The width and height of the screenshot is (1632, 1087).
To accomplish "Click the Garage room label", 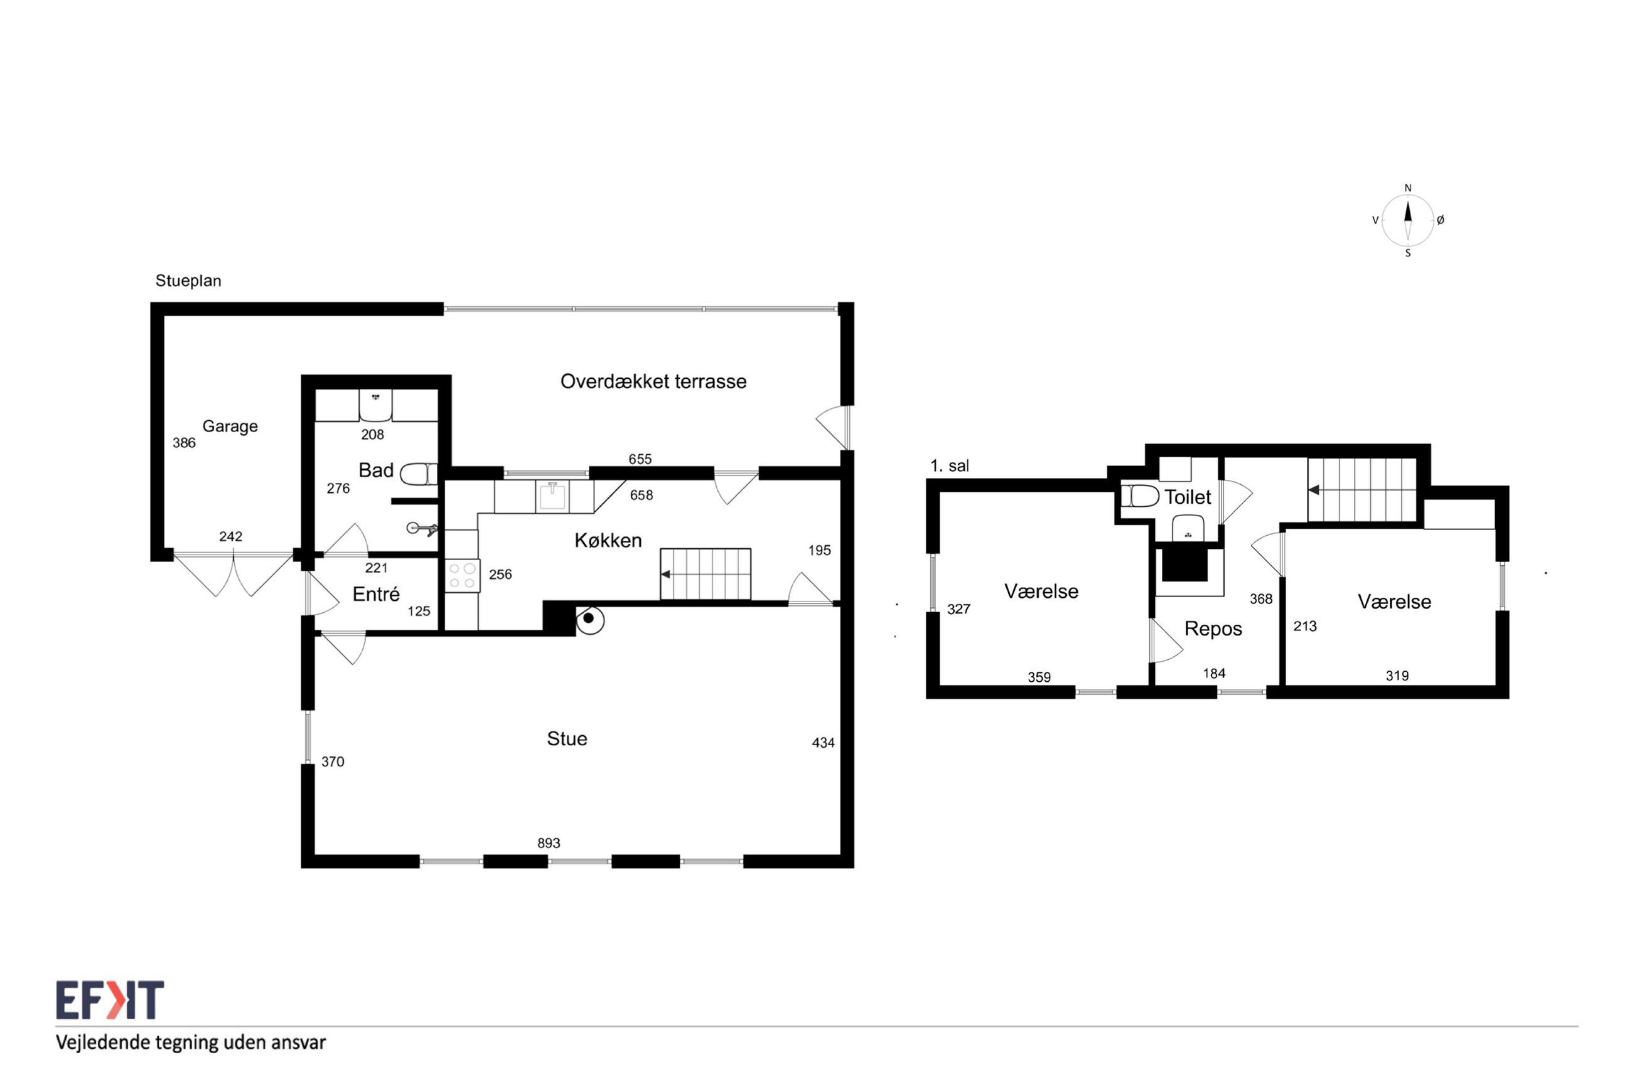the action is click(x=230, y=427).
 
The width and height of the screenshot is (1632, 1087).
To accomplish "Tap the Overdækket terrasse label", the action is click(x=653, y=381).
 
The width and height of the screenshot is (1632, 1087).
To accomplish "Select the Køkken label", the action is click(x=608, y=540).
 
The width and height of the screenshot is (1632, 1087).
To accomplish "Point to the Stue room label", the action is click(x=567, y=738).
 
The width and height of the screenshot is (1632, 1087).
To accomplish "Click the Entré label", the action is click(x=376, y=594).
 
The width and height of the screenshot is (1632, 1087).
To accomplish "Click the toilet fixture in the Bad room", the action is click(x=419, y=474).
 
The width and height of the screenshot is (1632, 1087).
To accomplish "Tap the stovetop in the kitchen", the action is click(x=462, y=576).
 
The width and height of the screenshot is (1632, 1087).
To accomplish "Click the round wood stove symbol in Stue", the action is click(x=589, y=619).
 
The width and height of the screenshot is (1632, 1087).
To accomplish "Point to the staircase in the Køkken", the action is click(x=705, y=574).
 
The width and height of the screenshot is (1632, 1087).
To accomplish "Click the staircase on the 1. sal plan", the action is click(x=1361, y=489).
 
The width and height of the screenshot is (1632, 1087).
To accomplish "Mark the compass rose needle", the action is click(x=1407, y=220).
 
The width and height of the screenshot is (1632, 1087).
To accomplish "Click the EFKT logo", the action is click(x=110, y=1000).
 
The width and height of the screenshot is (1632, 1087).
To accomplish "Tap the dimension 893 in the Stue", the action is click(x=549, y=843).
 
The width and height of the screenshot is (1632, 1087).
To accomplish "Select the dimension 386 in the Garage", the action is click(x=184, y=443).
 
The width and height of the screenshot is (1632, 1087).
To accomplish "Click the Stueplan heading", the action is click(x=188, y=281).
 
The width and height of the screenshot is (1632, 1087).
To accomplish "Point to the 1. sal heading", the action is click(x=950, y=466).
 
